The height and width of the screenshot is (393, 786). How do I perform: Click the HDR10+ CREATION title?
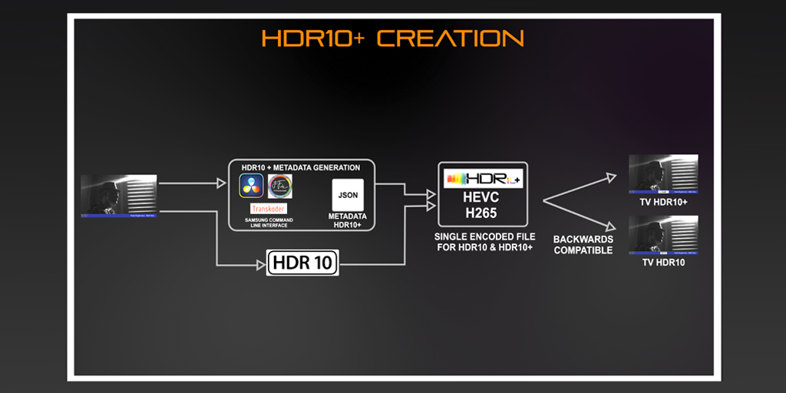tap(392, 38)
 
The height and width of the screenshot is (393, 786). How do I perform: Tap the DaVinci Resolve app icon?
tap(251, 186)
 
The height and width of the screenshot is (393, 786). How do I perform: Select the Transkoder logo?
tap(269, 209)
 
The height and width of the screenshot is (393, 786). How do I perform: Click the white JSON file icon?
tap(348, 195)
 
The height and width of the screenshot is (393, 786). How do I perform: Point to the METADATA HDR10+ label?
tap(348, 221)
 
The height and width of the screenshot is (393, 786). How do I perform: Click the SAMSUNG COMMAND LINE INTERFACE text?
tap(269, 222)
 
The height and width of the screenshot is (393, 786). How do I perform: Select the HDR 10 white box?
tap(302, 263)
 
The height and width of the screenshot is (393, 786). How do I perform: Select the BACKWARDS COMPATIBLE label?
tap(583, 245)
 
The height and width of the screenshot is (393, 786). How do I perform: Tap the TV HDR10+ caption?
tap(663, 201)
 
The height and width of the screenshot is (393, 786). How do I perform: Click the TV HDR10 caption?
tap(663, 263)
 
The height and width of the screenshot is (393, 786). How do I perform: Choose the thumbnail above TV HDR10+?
tap(663, 174)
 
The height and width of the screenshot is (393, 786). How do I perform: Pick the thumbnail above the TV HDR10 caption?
tap(663, 235)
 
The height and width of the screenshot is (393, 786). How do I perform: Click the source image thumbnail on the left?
tap(119, 196)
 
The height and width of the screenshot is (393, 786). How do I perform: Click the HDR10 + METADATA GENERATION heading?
tap(300, 167)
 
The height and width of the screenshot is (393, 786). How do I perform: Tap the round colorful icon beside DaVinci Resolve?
tap(279, 186)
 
